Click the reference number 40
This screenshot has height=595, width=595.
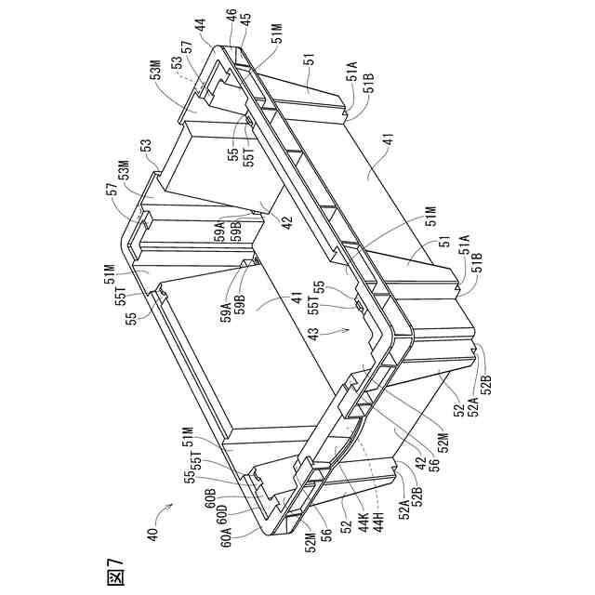coord(152,534)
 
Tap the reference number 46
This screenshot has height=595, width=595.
coord(230,17)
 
